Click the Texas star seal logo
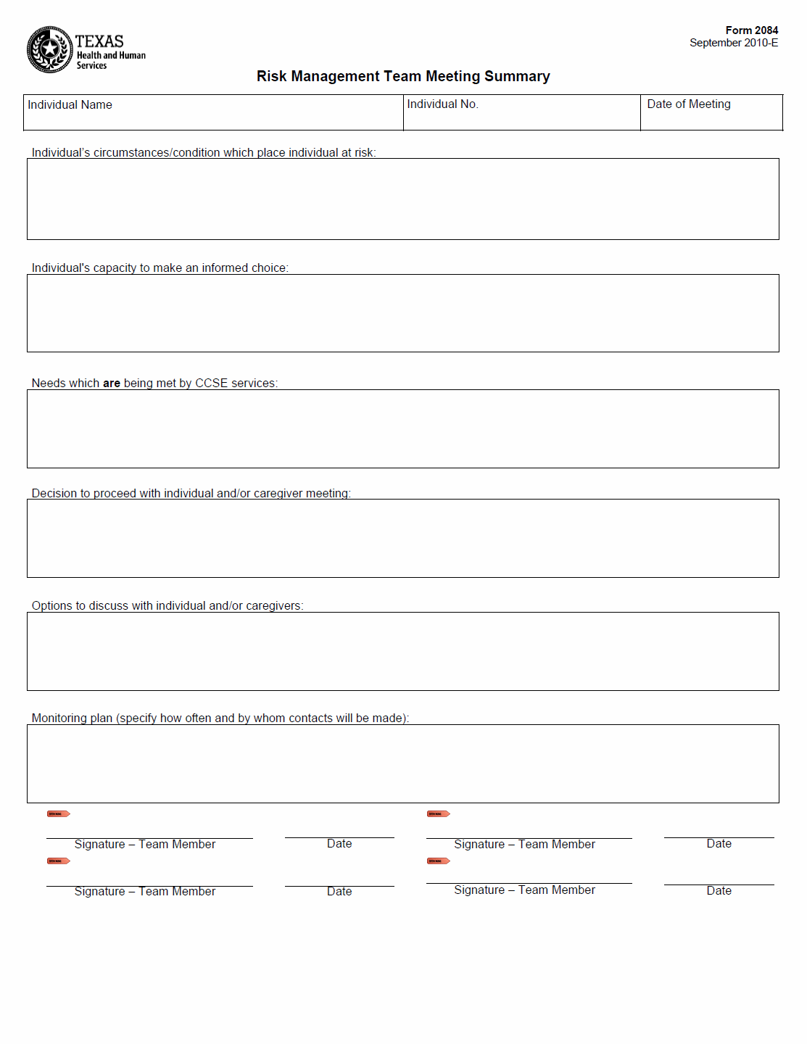point(49,50)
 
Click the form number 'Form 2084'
point(751,30)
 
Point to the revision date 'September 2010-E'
point(733,43)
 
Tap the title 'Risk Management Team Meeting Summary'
point(403,76)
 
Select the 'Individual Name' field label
point(70,105)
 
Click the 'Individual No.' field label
point(442,104)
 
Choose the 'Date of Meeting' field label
point(688,104)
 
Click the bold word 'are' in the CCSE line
point(112,384)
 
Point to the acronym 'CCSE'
point(211,384)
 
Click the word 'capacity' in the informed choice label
point(115,268)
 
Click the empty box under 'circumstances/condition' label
point(402,199)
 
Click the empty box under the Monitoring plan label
point(402,763)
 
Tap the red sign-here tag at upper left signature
point(58,814)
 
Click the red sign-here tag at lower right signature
point(438,861)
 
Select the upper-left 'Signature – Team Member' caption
point(144,845)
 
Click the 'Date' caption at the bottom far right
point(719,891)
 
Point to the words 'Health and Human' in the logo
point(111,55)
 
